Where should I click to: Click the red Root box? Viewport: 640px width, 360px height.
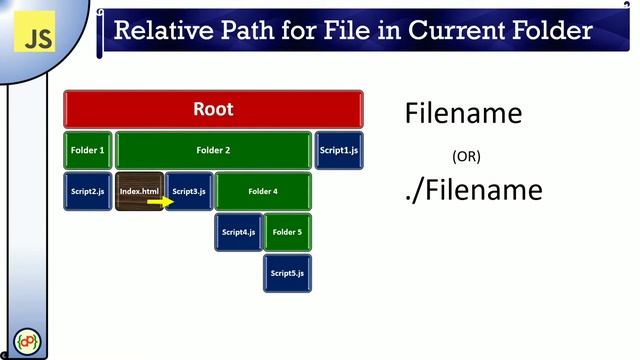click(x=213, y=109)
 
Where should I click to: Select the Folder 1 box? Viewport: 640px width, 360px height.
click(x=88, y=150)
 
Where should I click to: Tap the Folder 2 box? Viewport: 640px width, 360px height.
click(x=213, y=150)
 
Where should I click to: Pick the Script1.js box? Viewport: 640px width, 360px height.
click(x=339, y=150)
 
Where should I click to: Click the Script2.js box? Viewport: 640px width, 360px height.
click(x=88, y=191)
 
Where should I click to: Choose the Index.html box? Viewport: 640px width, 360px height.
click(x=139, y=191)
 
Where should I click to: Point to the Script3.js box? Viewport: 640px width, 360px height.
click(x=189, y=191)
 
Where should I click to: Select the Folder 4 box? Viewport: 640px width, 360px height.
click(x=263, y=191)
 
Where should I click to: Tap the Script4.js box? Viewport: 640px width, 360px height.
click(x=238, y=232)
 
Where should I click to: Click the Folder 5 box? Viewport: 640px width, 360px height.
click(x=287, y=232)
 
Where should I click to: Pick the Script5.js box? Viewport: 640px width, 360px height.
click(x=287, y=273)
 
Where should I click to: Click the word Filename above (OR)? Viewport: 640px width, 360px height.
click(x=463, y=113)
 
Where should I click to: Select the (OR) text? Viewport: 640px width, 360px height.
click(x=466, y=156)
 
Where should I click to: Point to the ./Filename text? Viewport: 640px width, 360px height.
click(x=473, y=189)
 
